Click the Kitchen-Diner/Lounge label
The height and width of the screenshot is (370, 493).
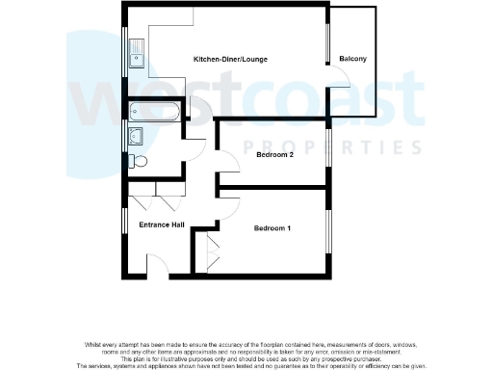click(230, 60)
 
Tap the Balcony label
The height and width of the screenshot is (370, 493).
click(353, 60)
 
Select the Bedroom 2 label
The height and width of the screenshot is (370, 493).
click(247, 154)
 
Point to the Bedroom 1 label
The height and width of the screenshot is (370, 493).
click(272, 228)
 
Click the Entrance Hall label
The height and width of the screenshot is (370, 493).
click(161, 225)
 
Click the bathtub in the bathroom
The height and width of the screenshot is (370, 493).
click(154, 111)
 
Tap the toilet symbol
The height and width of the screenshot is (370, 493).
click(138, 160)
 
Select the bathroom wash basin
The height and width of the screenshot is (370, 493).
click(137, 134)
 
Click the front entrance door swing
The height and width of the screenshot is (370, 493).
click(157, 261)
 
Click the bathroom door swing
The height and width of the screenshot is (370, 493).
click(195, 149)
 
